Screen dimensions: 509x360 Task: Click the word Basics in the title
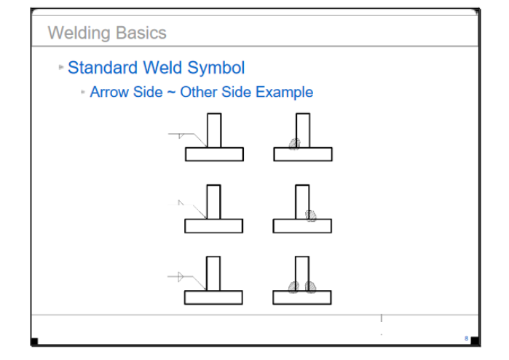141,33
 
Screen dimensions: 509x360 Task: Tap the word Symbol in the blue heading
216,69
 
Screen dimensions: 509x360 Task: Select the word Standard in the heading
103,68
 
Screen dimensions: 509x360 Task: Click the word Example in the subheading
285,93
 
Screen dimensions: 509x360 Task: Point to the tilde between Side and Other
171,93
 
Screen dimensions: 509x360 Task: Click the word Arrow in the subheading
109,92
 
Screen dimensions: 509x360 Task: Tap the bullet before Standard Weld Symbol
61,67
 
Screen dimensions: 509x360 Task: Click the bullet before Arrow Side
83,92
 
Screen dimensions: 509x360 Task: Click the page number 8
467,339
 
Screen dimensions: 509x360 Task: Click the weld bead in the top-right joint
295,144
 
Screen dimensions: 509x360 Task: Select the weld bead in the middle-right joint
311,215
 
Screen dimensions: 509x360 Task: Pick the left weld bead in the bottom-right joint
293,287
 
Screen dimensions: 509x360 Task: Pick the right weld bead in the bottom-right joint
310,287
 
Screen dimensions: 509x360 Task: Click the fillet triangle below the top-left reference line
181,136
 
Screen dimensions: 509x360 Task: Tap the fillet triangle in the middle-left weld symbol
181,203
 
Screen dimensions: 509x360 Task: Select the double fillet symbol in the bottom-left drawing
181,277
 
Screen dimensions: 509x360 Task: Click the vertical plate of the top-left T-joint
214,130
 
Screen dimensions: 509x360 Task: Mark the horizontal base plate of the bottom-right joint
302,297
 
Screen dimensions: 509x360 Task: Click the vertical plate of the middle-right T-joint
302,202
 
